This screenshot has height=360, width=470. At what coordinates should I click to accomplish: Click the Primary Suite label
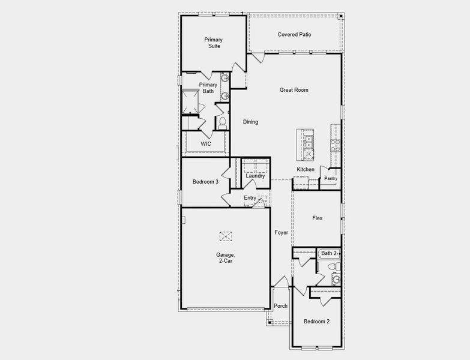[x=212, y=43]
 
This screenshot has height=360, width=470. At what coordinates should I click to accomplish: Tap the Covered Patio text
[x=294, y=34]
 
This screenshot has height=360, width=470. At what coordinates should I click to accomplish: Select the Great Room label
[x=294, y=90]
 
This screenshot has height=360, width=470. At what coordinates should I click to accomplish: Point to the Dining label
[x=250, y=122]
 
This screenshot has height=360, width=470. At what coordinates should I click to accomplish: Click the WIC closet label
[x=206, y=144]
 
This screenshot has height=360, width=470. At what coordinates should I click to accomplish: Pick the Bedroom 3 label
[x=205, y=182]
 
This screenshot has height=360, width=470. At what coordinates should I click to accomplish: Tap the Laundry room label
[x=255, y=176]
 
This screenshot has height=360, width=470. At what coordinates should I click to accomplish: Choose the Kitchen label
[x=306, y=169]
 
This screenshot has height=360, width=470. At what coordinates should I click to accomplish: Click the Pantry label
[x=331, y=179]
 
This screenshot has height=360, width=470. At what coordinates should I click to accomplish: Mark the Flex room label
[x=317, y=218]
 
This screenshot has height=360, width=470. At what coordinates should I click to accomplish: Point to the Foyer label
[x=281, y=232]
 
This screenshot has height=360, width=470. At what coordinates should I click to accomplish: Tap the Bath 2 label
[x=329, y=253]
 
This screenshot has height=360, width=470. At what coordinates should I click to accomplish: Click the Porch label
[x=280, y=306]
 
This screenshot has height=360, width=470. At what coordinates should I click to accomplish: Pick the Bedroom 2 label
[x=316, y=322]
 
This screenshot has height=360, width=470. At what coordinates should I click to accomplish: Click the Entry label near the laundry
[x=250, y=198]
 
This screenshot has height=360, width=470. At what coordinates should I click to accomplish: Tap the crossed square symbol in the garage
[x=226, y=236]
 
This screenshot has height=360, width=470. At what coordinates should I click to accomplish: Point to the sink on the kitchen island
[x=309, y=142]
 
